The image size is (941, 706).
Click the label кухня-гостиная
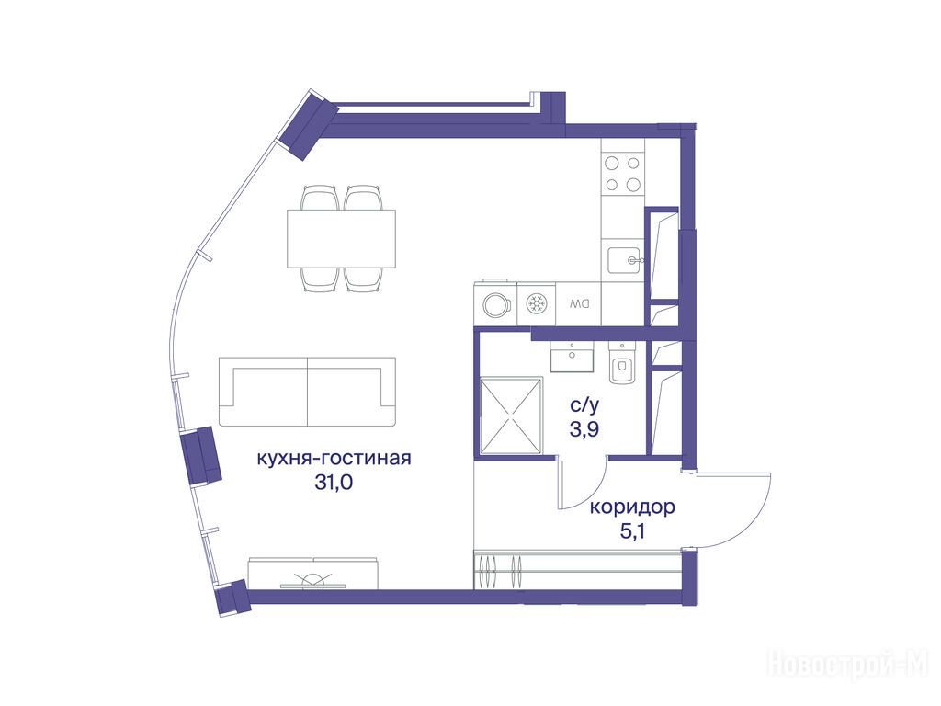click(334, 459)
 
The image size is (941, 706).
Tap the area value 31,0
click(334, 482)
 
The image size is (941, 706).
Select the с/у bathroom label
click(584, 406)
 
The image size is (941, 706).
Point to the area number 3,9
click(584, 430)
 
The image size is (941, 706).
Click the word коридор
click(632, 507)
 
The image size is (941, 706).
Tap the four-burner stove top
click(622, 173)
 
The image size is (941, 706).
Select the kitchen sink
click(625, 260)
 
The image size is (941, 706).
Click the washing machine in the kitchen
click(495, 303)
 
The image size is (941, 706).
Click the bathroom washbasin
click(572, 358)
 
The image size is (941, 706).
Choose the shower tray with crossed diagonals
click(511, 415)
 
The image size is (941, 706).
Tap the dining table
click(342, 239)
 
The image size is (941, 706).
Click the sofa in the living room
click(307, 392)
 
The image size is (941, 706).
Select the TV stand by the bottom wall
click(313, 573)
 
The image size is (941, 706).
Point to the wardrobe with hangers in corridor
click(576, 569)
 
